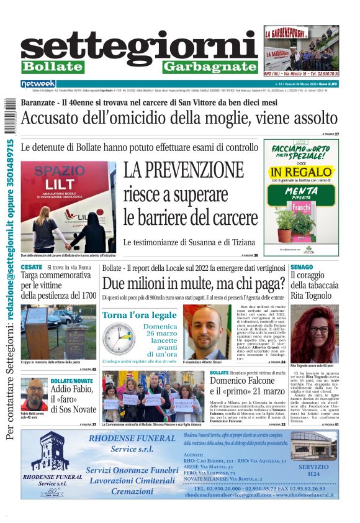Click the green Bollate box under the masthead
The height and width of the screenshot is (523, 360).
[x=53, y=66]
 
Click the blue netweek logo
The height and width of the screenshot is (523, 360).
[x=38, y=84]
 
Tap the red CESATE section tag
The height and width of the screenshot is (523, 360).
[x=32, y=267]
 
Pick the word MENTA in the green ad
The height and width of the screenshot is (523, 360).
[x=300, y=192]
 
